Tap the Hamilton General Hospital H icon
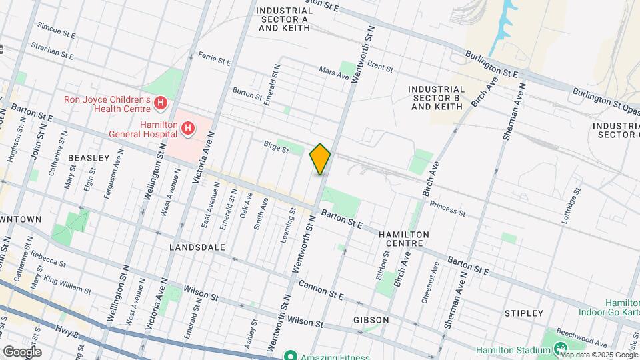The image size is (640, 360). [x=189, y=128]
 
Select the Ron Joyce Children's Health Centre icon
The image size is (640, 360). [x=160, y=103]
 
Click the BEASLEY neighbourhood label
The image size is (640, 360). [x=89, y=158]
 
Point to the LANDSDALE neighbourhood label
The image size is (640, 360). [x=197, y=247]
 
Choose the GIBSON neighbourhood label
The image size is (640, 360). [x=371, y=320]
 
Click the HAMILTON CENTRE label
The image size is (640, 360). [x=403, y=239]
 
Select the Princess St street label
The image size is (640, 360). [x=447, y=209]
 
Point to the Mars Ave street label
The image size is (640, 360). [x=334, y=72]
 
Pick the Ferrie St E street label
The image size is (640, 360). [x=213, y=59]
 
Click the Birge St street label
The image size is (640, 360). [x=275, y=147]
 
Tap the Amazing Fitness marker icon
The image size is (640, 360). [x=289, y=355]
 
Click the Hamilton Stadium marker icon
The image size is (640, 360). [x=560, y=349]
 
